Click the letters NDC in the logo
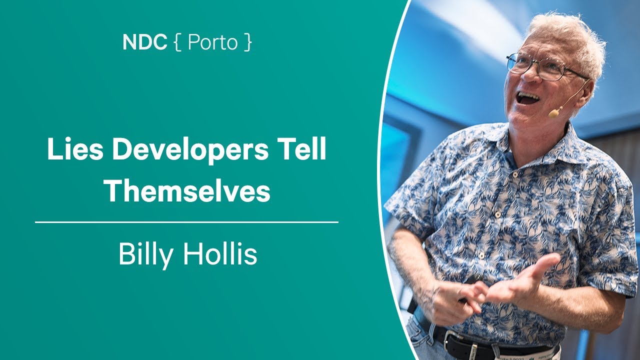[144, 42]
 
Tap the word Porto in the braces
[212, 43]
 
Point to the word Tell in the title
[306, 150]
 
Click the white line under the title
[186, 222]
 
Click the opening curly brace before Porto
[177, 43]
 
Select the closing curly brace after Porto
[248, 43]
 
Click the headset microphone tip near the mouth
[553, 114]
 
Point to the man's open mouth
[527, 97]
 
